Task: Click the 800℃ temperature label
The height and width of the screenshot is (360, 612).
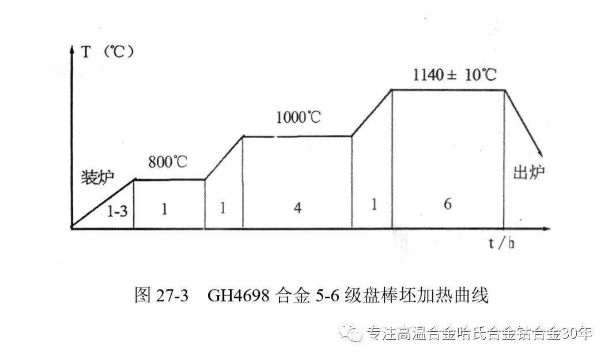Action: pos(168,162)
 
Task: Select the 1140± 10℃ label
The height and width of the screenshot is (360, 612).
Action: pos(455,75)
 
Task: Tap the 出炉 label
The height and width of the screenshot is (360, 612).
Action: pos(528,173)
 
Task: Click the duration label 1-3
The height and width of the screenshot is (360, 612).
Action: pos(118,211)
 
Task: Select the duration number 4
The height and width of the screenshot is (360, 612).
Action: pos(297,209)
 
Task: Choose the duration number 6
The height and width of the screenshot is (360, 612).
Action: pos(448,206)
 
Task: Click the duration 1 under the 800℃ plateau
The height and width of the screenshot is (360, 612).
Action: pos(165,210)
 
